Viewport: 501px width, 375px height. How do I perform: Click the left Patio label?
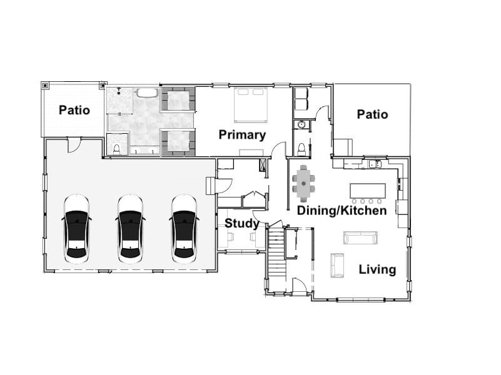[74, 110]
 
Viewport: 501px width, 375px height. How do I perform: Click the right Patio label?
[372, 114]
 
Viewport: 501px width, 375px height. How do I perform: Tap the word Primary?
[242, 134]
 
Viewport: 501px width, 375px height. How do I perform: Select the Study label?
[242, 223]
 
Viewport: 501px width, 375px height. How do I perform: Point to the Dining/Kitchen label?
[342, 211]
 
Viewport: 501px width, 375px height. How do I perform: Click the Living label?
[377, 269]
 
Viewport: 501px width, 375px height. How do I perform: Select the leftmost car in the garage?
[77, 226]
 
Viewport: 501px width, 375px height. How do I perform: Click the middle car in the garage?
[130, 226]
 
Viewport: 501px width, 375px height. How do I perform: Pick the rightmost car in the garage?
[184, 226]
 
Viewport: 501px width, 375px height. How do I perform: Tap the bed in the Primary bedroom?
[251, 104]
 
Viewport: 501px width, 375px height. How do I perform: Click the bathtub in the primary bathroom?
[148, 94]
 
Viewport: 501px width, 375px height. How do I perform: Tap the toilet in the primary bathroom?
[116, 149]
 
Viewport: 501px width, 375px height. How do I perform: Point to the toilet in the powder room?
[301, 149]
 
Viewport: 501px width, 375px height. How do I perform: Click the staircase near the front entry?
[276, 256]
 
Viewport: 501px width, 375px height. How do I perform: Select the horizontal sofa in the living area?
[360, 237]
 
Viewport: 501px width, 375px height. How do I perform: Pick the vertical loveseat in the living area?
[337, 264]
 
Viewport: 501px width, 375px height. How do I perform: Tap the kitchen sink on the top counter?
[373, 164]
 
